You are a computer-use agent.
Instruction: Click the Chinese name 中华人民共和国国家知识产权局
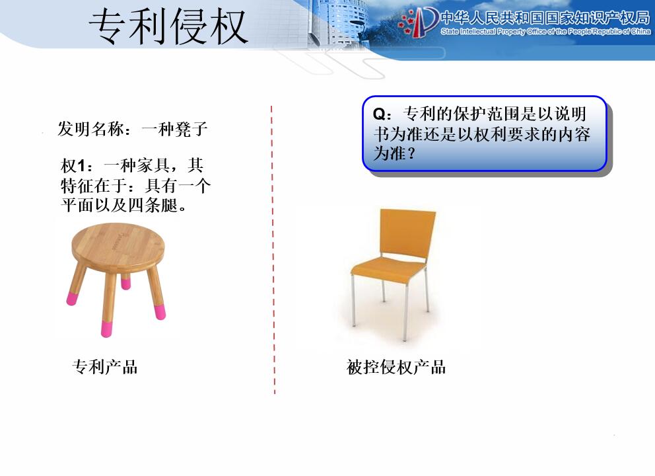(x=545, y=18)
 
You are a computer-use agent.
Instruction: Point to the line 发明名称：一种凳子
(x=133, y=129)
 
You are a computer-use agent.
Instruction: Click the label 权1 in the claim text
(x=73, y=166)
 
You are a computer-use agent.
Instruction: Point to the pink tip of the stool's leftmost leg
(x=72, y=298)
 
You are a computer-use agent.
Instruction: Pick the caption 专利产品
(x=105, y=368)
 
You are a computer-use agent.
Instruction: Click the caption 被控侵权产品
(x=396, y=368)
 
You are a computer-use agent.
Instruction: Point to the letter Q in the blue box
(x=379, y=114)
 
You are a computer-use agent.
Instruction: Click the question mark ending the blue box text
(x=412, y=153)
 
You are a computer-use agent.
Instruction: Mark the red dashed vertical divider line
(x=273, y=250)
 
